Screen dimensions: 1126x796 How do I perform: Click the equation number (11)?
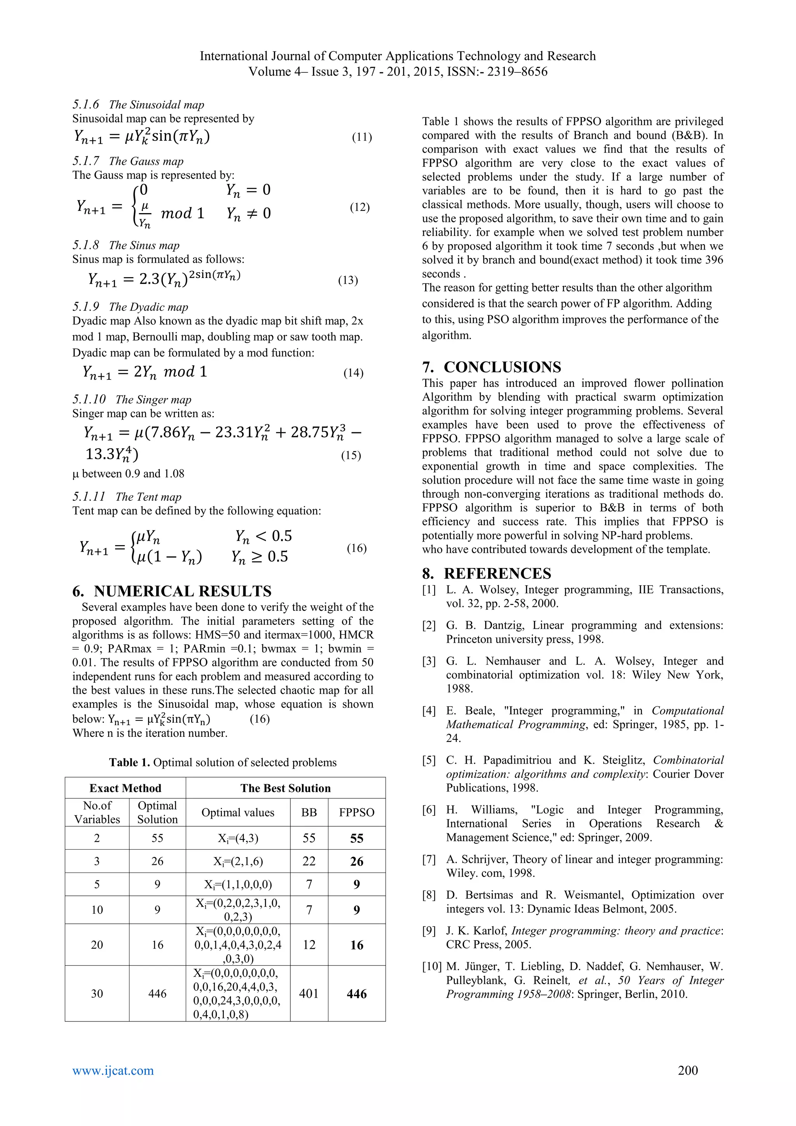coord(362,137)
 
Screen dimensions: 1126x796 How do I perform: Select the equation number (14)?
coord(353,373)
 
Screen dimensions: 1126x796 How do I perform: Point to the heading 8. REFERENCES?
coord(486,573)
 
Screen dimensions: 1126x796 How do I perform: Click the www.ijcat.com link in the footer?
coord(113,1070)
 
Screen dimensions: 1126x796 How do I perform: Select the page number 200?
coord(688,1070)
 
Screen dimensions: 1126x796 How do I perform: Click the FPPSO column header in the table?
coord(356,812)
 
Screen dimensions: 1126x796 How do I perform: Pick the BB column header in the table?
coord(309,812)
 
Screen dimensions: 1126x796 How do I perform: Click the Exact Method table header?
coord(125,788)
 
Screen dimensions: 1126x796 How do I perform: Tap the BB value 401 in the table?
coord(309,993)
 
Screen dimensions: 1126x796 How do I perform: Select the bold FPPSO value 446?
coord(356,993)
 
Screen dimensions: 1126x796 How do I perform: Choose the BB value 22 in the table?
coord(309,861)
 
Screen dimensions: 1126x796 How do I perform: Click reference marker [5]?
coord(429,760)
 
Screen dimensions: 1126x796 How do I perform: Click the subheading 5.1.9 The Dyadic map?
coord(130,307)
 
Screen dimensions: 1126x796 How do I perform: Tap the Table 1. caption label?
coord(129,762)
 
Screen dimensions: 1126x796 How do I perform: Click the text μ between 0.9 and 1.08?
coord(128,474)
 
